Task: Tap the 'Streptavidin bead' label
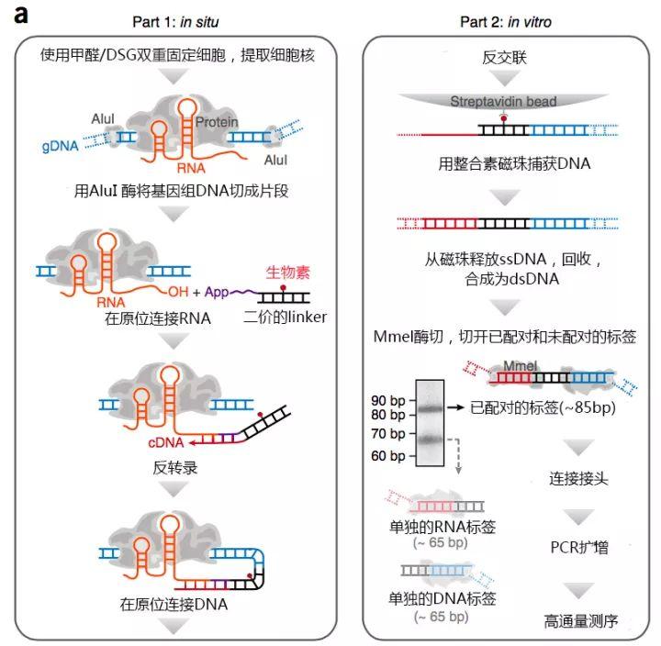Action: click(x=503, y=102)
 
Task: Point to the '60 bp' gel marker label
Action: click(x=389, y=456)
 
